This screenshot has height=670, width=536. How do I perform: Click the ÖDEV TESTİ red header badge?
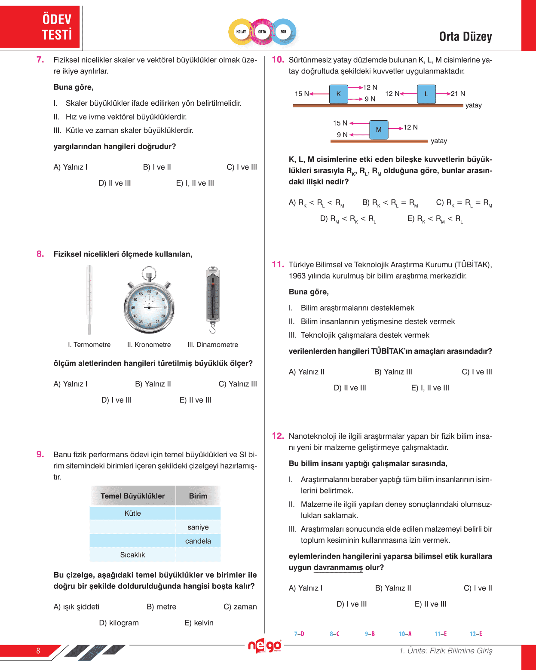coord(41,27)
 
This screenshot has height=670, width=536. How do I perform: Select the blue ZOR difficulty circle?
coord(284,32)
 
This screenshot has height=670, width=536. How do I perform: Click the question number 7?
coord(40,60)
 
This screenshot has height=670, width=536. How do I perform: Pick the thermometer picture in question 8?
coord(89,300)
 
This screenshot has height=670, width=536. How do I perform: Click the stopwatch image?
coord(149,301)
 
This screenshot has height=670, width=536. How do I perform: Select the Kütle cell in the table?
coord(132,513)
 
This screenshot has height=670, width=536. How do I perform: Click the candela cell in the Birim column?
coord(198,541)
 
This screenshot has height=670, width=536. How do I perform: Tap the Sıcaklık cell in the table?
coord(132,555)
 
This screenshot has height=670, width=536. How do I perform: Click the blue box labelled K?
coord(339,94)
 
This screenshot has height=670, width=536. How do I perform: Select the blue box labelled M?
coord(379,129)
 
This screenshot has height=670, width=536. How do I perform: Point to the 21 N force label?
coord(458,94)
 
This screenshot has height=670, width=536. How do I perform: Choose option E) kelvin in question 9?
coord(199,623)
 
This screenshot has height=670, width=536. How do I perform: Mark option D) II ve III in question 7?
coord(115,183)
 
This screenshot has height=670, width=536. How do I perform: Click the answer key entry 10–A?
coord(405,634)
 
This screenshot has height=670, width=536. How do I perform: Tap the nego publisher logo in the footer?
coord(264,646)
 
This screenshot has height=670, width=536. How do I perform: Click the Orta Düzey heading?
coord(466,37)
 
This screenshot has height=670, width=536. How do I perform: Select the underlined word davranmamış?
coord(338,568)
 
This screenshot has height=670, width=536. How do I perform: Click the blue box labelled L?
coord(426,94)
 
